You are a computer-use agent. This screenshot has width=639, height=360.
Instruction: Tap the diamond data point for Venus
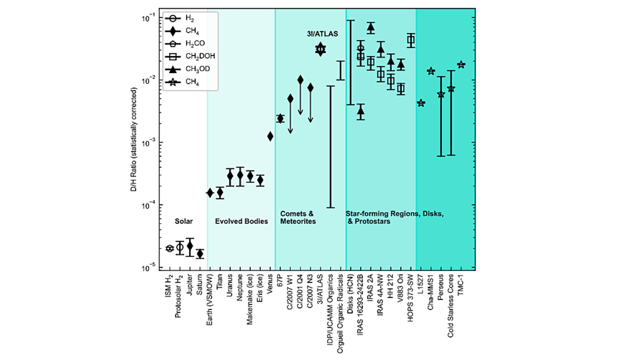[270, 136]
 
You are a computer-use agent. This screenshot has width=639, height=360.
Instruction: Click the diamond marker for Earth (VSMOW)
[210, 193]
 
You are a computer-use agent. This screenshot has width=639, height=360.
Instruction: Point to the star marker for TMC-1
[461, 65]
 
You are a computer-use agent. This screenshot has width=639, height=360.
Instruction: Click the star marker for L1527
[421, 103]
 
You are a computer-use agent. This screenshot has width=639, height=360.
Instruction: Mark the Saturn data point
[200, 253]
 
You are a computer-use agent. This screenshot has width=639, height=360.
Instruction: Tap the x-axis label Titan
[220, 284]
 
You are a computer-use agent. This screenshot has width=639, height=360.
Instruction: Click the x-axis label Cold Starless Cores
[451, 305]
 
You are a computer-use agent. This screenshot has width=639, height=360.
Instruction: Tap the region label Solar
[184, 221]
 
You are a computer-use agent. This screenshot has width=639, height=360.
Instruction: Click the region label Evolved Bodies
[241, 221]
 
